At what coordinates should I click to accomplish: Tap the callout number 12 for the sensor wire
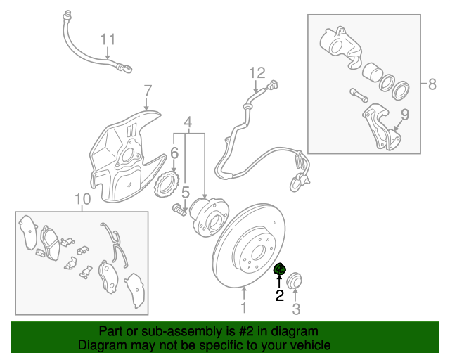pos(257,72)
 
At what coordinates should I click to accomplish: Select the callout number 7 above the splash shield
pos(148,91)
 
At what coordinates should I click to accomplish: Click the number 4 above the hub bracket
pos(188,124)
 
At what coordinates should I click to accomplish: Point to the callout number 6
pos(173,153)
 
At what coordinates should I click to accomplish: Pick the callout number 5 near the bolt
pos(186,192)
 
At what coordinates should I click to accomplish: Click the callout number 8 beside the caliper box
pos(432,84)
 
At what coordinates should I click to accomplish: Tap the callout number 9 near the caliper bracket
pos(404,115)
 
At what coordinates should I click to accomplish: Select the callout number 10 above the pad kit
pos(82,200)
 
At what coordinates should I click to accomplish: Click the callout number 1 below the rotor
pos(244,307)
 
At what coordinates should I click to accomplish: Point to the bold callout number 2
pos(279,296)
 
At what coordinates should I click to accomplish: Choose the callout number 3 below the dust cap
pos(296,309)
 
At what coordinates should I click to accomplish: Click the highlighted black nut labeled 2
pos(279,270)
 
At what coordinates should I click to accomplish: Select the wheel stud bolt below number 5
pos(179,208)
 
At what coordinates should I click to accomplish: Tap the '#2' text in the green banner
pos(240,330)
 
